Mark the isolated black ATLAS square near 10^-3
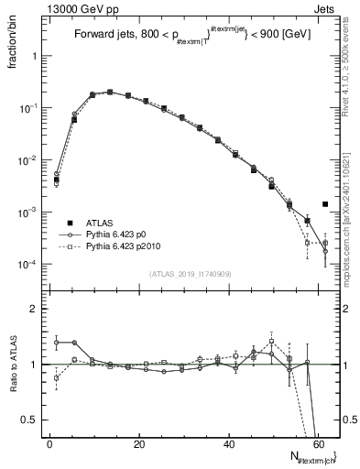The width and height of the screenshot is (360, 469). point(325,204)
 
